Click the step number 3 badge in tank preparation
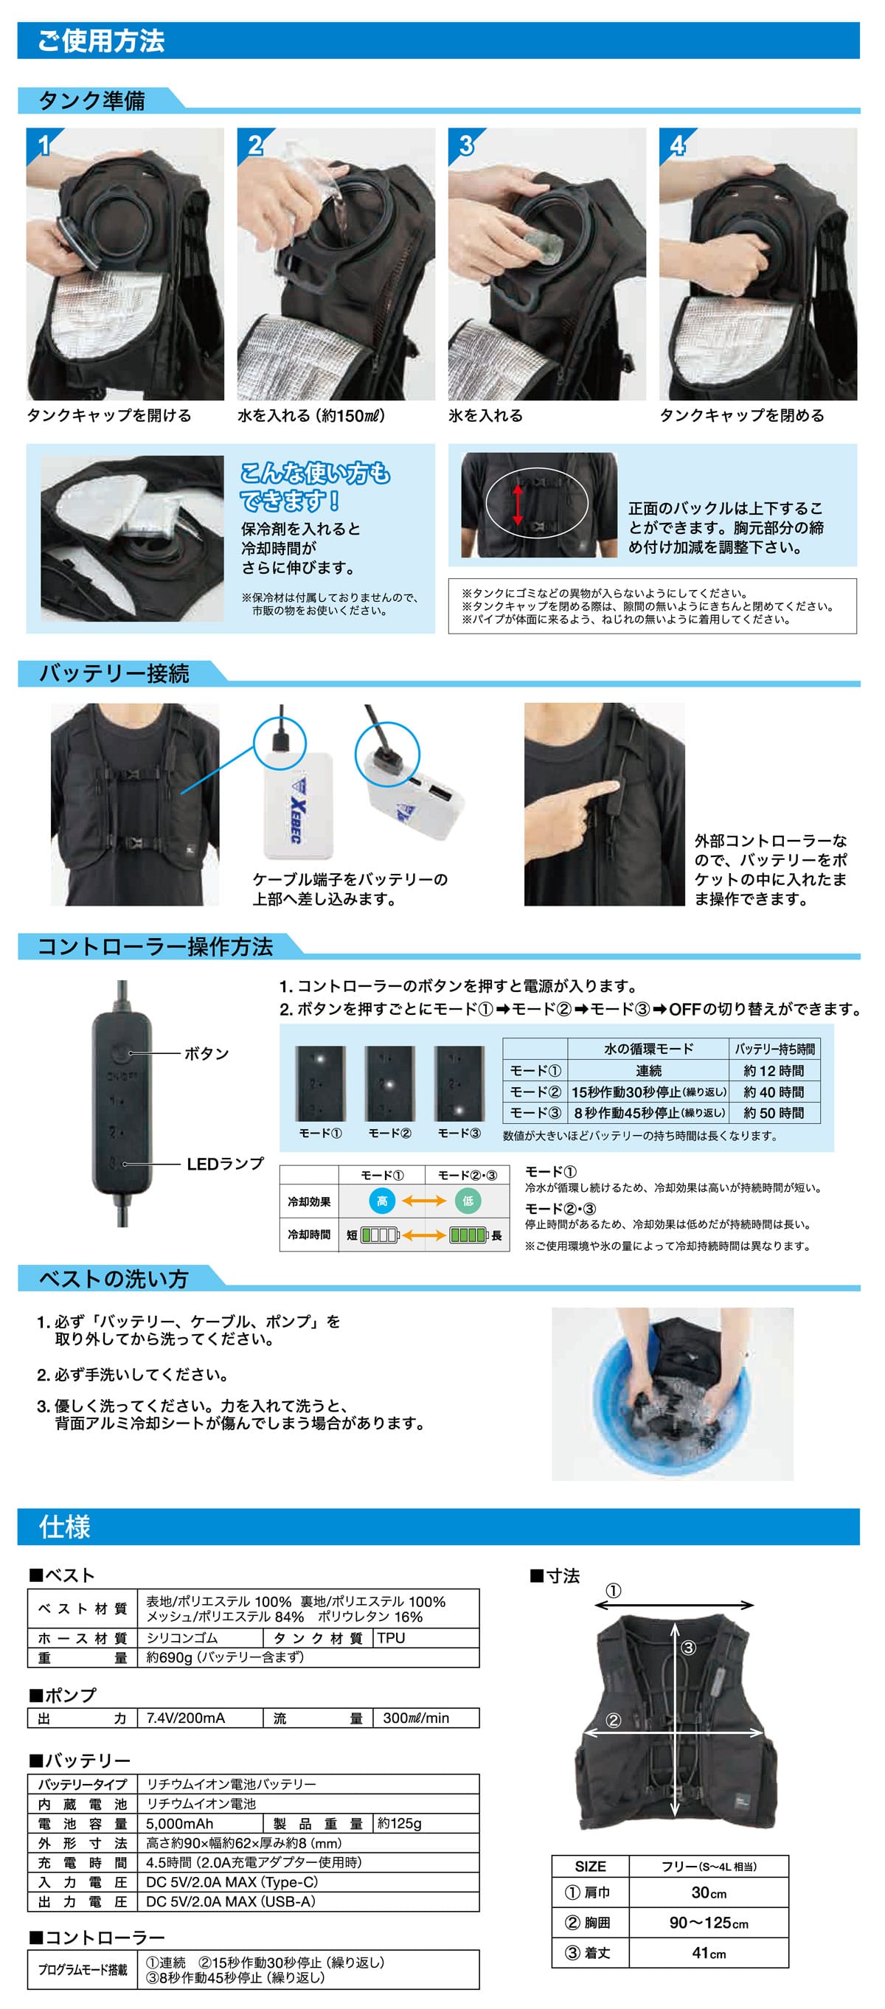point(465,145)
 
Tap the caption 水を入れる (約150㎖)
point(311,416)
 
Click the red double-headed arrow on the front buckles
point(518,504)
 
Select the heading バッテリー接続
point(114,673)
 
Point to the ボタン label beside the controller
point(206,1054)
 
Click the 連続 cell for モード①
point(649,1071)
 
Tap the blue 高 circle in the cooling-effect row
point(382,1201)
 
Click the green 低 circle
point(468,1201)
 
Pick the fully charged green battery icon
point(468,1235)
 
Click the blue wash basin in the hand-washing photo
point(671,1396)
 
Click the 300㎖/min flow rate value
point(416,1718)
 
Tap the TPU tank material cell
point(392,1638)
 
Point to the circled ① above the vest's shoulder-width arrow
point(614,1591)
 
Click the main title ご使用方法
point(101,41)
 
